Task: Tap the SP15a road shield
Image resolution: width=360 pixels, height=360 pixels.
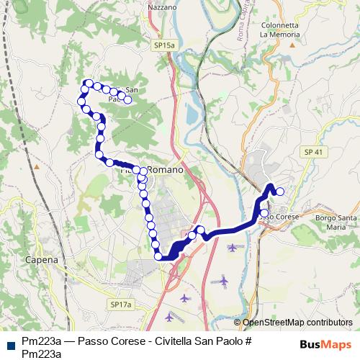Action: click(164, 45)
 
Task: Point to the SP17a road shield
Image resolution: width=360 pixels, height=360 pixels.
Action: click(122, 305)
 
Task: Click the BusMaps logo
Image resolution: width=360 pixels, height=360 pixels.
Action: click(330, 345)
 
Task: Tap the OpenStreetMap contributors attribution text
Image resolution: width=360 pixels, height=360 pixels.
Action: click(297, 323)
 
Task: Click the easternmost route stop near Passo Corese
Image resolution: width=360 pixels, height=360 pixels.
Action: click(280, 192)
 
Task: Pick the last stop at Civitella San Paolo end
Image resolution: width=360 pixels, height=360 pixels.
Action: click(127, 100)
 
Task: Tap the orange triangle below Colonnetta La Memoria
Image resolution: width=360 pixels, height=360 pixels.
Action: click(292, 45)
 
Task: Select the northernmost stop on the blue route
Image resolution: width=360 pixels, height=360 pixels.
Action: click(89, 83)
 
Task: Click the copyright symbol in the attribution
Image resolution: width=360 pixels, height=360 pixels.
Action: click(238, 323)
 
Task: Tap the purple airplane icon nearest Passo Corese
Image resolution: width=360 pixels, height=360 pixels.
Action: click(232, 248)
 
